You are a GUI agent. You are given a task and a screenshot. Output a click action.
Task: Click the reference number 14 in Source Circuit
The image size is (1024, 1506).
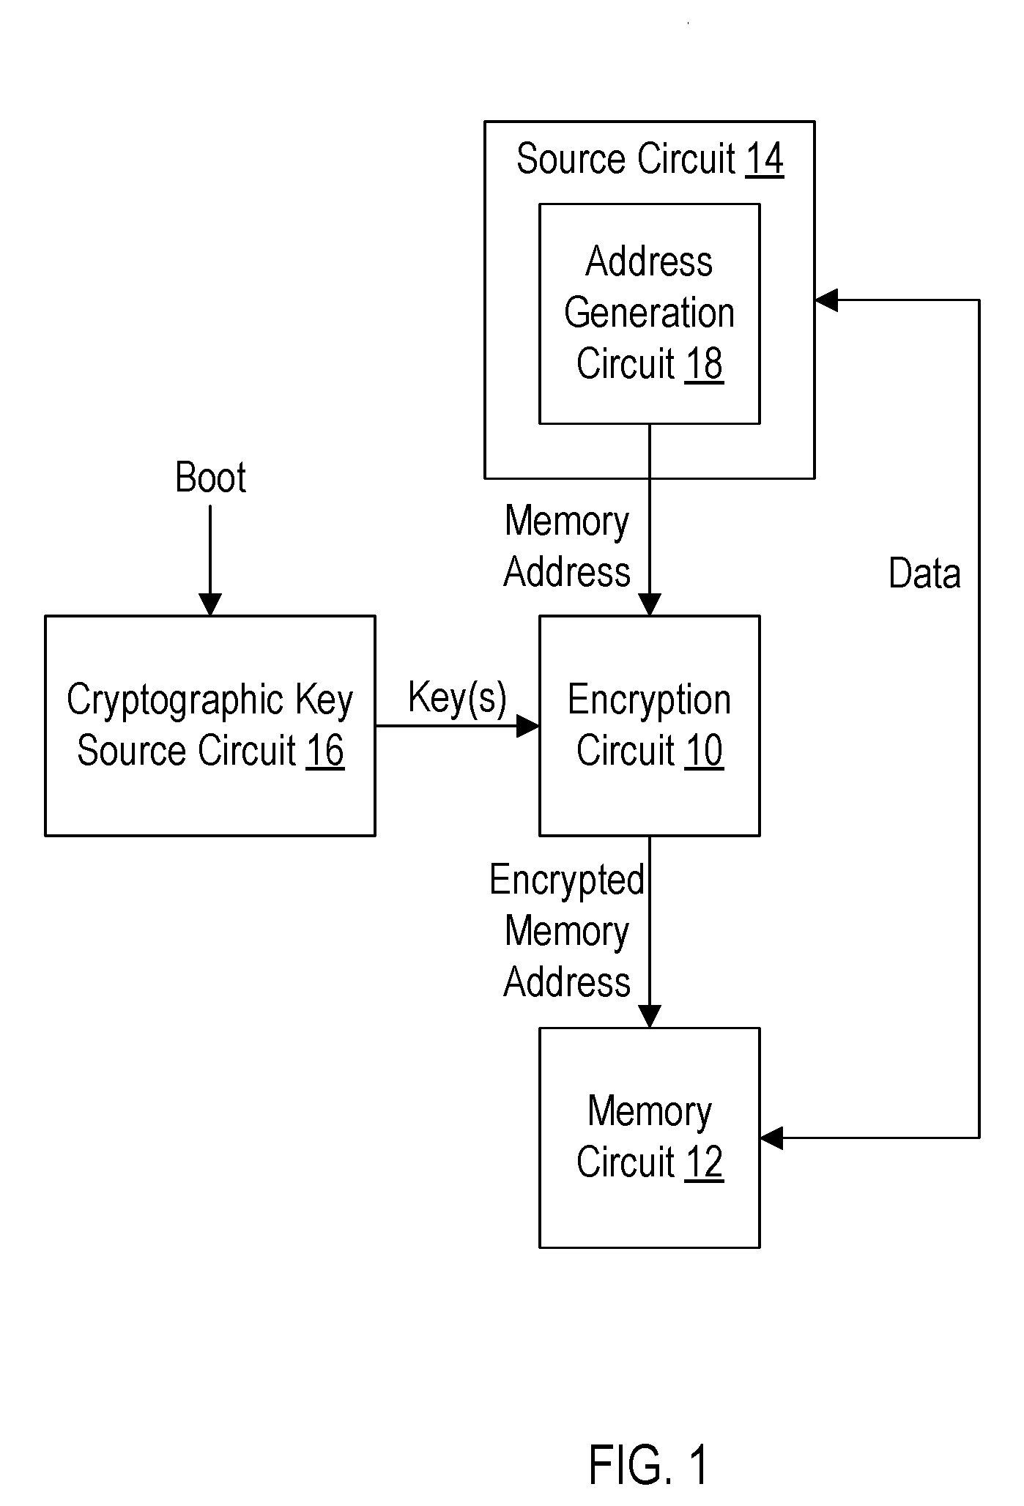tap(765, 159)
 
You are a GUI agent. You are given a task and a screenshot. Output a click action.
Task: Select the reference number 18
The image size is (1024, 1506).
tap(704, 363)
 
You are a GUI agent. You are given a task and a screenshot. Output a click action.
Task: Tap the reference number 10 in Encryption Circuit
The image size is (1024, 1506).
tap(704, 750)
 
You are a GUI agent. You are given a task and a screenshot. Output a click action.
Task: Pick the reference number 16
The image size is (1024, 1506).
tap(325, 750)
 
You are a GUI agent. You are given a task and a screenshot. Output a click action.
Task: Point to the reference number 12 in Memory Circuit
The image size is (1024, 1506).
tap(704, 1162)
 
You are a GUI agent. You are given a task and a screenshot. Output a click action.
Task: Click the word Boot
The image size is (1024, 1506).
tap(210, 478)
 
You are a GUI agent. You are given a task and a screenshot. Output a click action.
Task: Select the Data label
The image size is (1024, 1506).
tap(924, 573)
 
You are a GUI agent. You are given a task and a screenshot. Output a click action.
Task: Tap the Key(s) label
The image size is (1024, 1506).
tap(457, 698)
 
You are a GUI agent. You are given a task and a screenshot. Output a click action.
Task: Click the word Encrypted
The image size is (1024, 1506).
tap(567, 880)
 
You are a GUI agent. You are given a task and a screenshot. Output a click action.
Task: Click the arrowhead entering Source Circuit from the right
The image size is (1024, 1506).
tap(825, 300)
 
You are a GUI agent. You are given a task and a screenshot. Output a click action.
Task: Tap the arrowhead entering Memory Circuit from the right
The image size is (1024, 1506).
tap(771, 1138)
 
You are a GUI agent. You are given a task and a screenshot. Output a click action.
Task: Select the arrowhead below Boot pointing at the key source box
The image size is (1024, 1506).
tap(210, 605)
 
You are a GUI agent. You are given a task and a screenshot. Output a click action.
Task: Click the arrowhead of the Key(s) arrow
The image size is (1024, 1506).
tap(528, 726)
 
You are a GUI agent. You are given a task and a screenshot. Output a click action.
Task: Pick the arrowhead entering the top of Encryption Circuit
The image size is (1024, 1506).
tap(650, 605)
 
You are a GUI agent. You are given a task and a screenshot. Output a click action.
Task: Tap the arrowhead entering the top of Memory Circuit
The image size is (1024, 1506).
tap(650, 1017)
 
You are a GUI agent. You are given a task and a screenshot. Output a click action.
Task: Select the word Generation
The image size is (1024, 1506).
tap(649, 314)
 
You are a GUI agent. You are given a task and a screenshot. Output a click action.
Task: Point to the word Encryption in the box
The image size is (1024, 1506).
tap(649, 701)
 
